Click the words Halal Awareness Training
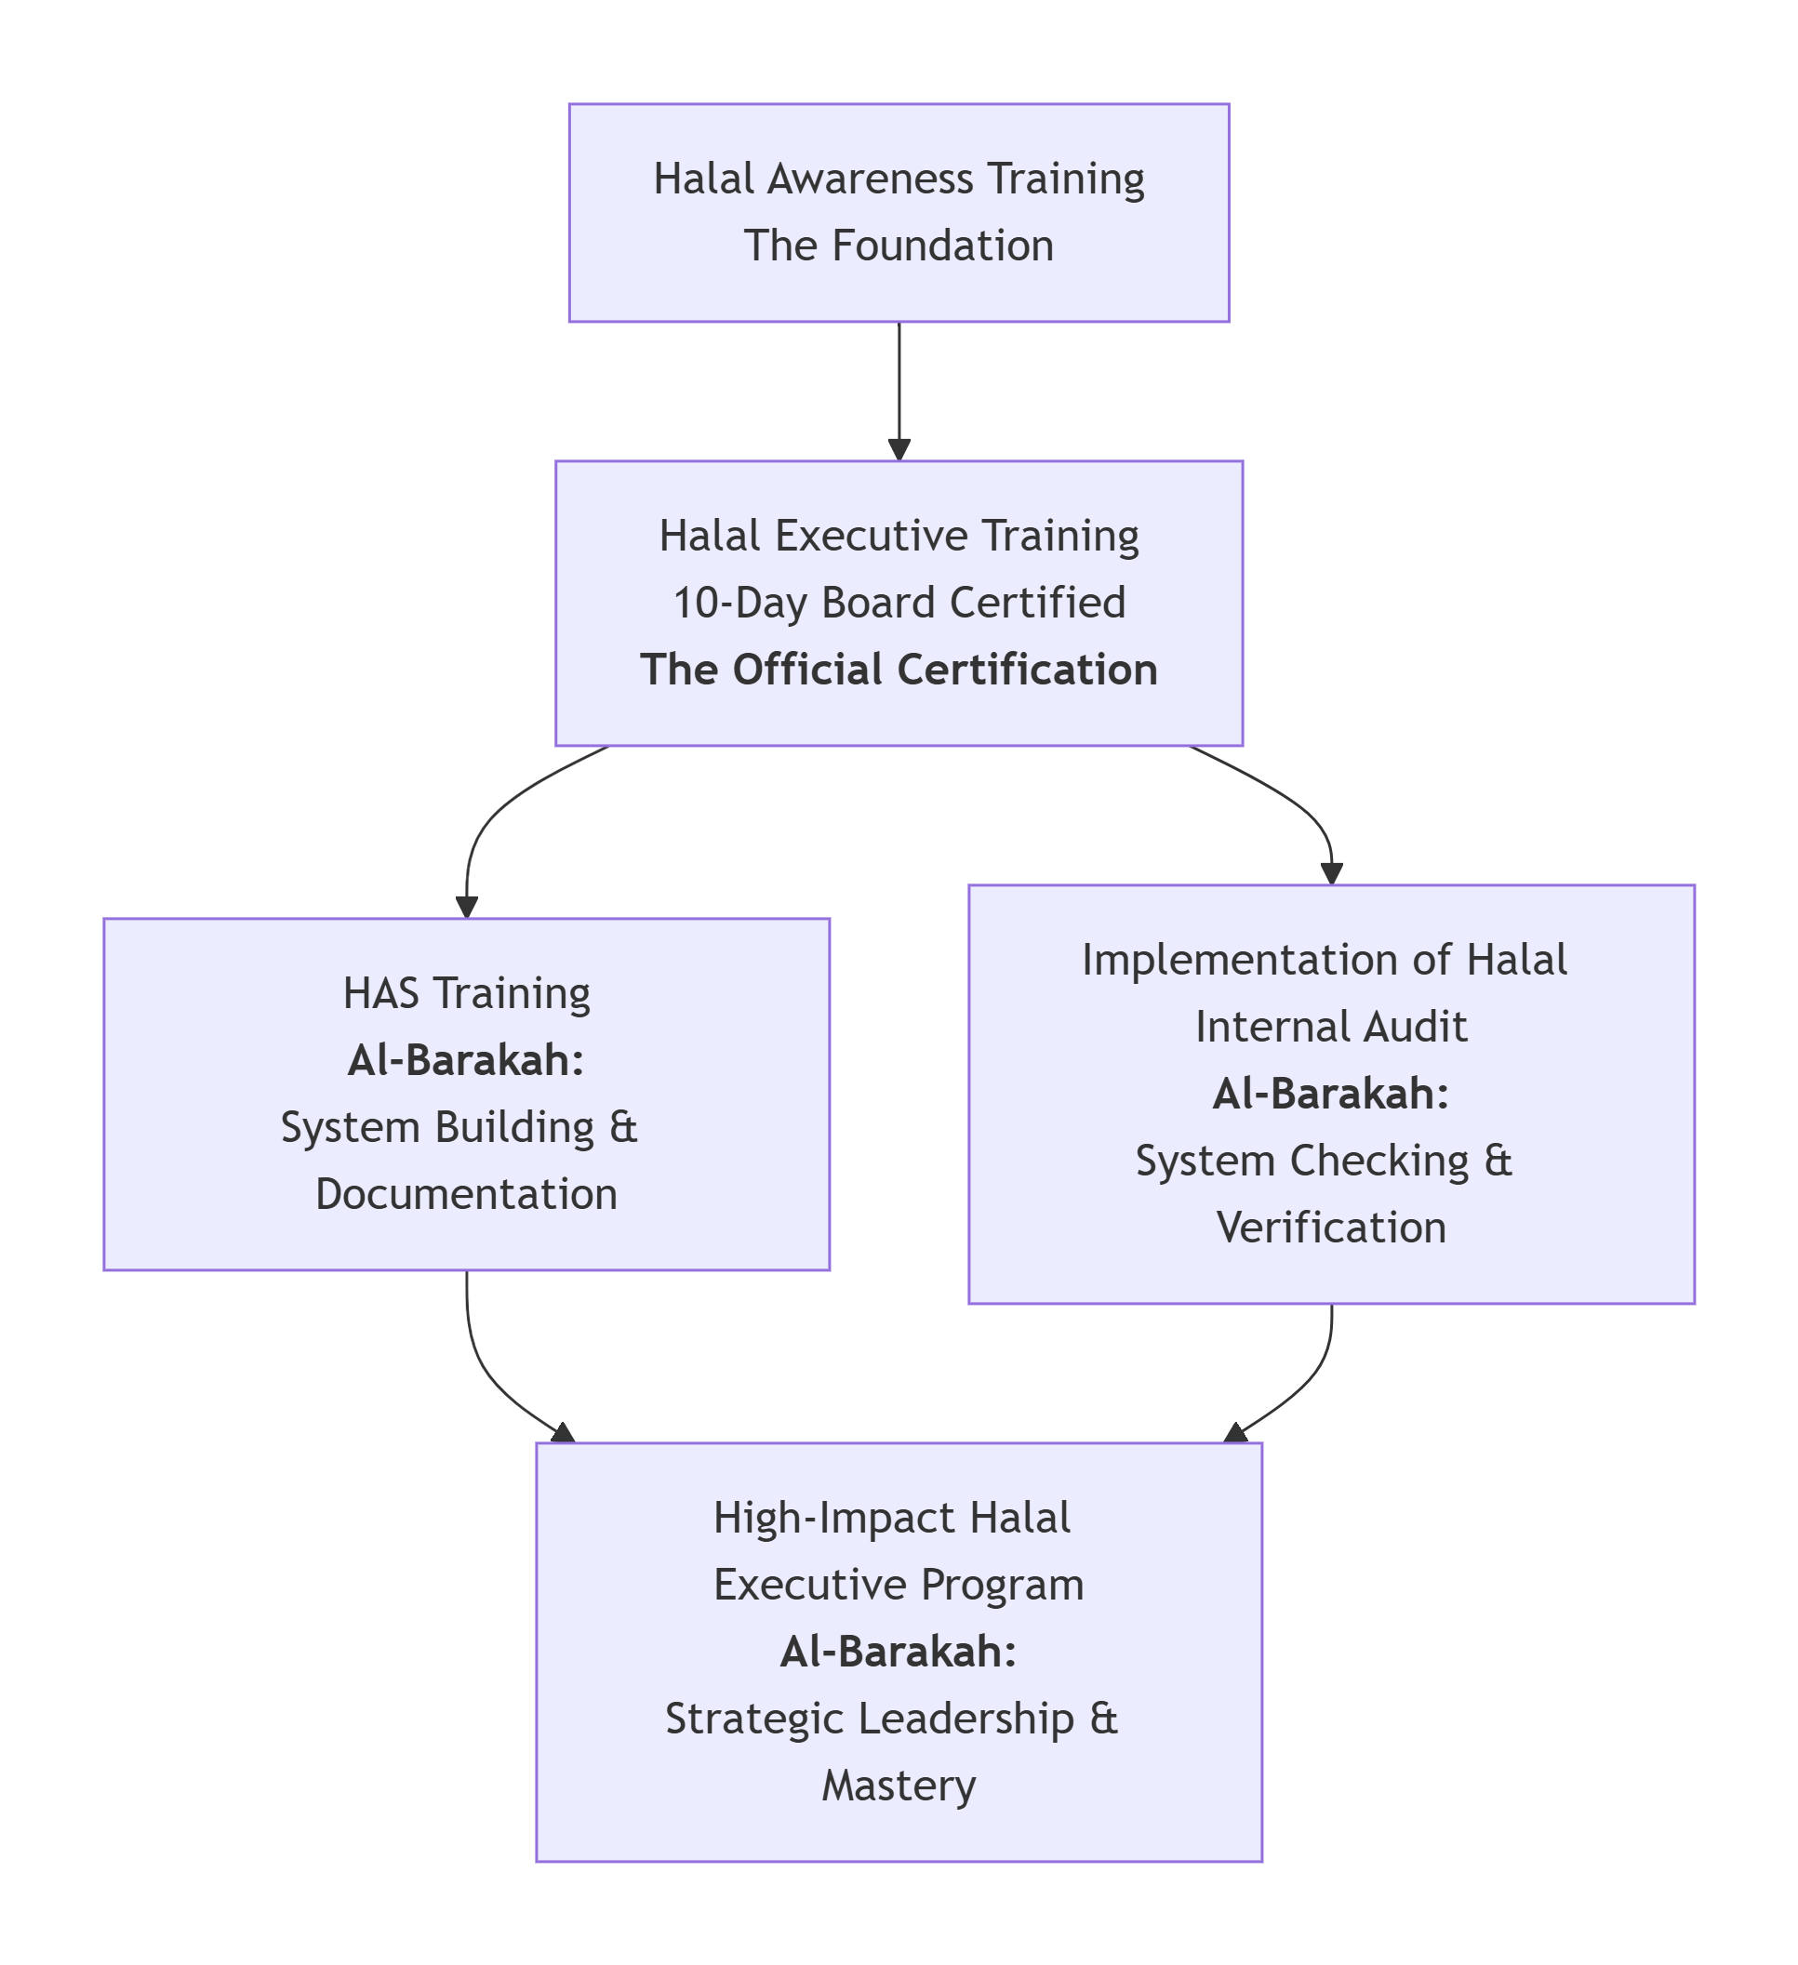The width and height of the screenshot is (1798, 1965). click(898, 179)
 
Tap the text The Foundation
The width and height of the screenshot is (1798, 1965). click(898, 246)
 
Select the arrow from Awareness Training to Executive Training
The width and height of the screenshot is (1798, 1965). click(898, 390)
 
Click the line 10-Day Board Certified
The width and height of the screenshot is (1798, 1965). click(898, 603)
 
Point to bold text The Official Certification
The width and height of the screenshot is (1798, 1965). click(898, 670)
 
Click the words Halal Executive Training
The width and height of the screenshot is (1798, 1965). click(898, 535)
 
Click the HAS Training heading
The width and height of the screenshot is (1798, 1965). click(466, 993)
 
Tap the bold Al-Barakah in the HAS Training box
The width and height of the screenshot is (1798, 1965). click(466, 1059)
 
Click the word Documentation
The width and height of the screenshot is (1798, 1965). click(466, 1194)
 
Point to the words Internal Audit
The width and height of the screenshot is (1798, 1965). click(1331, 1027)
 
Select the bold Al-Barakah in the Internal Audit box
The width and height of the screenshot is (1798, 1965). click(1331, 1094)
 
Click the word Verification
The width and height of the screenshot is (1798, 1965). click(1331, 1228)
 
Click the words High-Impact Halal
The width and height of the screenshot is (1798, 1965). click(891, 1518)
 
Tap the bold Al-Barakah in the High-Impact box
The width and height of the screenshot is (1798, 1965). click(898, 1653)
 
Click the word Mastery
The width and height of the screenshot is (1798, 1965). click(898, 1786)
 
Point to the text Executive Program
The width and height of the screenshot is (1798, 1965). click(898, 1585)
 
